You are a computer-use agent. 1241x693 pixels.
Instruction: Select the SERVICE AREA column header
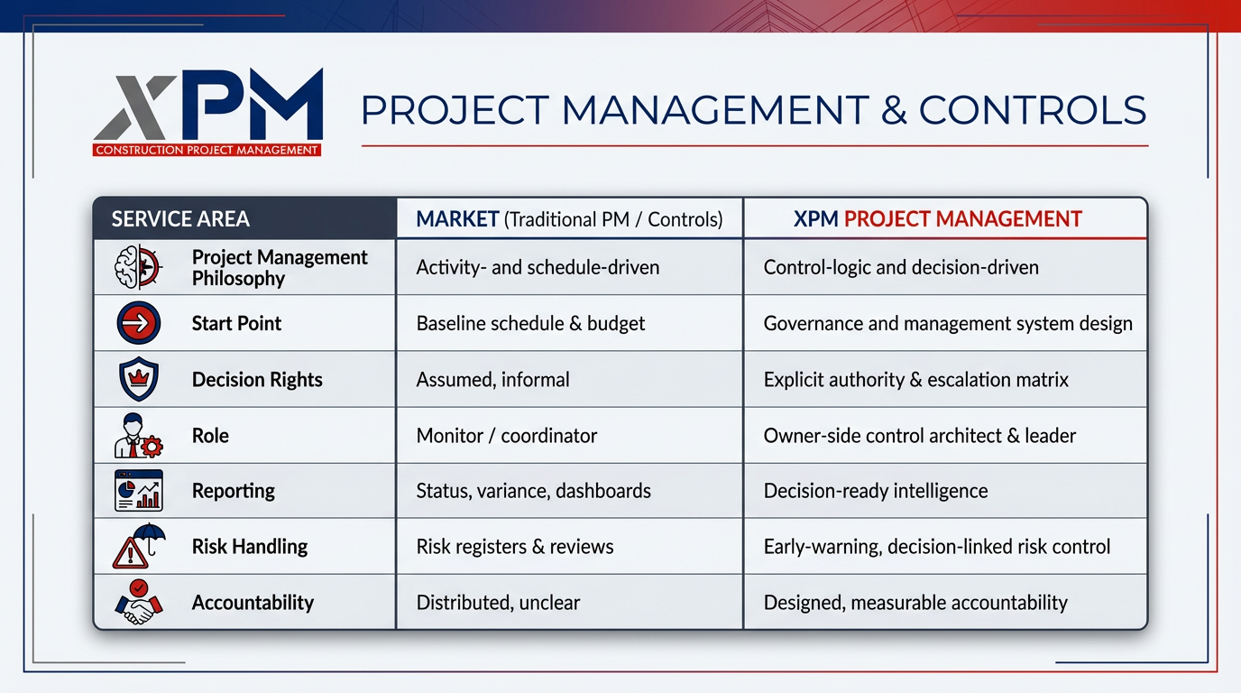tap(180, 219)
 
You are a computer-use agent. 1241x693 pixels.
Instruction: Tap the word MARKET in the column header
tap(457, 219)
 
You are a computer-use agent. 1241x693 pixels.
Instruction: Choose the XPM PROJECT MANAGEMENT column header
tap(937, 219)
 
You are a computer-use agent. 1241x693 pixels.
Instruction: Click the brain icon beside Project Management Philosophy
tap(138, 268)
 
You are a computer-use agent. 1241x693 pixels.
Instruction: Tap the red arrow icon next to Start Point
tap(138, 324)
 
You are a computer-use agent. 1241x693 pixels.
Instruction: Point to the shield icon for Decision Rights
tap(138, 380)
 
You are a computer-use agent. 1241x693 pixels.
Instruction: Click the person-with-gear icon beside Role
tap(138, 436)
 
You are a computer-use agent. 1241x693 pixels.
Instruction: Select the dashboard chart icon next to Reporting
tap(138, 491)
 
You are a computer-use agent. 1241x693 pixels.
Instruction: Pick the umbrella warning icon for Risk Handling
tap(138, 547)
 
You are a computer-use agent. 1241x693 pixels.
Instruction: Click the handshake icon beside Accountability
tap(138, 603)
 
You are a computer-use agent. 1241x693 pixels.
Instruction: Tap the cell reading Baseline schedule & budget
tap(530, 324)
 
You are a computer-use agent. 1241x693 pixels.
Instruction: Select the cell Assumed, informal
tap(492, 380)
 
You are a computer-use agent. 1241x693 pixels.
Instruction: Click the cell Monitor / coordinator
tap(506, 436)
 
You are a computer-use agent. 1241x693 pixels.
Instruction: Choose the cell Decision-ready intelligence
tap(875, 491)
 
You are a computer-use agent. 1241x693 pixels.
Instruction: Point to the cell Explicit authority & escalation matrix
tap(915, 380)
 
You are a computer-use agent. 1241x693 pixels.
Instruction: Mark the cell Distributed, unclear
tap(498, 603)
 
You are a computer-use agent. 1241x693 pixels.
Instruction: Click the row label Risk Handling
tap(250, 547)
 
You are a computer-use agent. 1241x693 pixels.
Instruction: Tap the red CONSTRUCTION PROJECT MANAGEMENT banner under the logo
tap(207, 150)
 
